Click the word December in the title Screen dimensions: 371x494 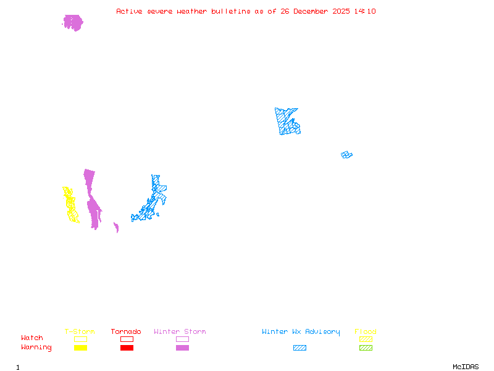point(312,11)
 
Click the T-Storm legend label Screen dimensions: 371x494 point(80,332)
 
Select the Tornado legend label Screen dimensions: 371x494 point(126,332)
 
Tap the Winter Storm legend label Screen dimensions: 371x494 point(180,332)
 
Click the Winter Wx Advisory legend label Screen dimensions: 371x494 point(301,332)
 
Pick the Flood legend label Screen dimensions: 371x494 point(366,332)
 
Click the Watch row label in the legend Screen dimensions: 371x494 point(32,338)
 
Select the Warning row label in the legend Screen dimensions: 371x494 point(36,348)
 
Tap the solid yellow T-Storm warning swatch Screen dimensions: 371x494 point(80,348)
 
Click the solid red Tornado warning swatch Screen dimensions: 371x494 point(127,348)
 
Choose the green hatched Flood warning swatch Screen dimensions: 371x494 point(366,348)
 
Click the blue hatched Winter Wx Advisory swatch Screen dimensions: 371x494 point(299,348)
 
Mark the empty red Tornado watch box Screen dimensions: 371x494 point(127,339)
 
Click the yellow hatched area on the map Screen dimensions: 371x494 point(70,205)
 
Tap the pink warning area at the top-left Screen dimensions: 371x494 point(73,23)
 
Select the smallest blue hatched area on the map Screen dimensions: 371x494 point(346,155)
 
